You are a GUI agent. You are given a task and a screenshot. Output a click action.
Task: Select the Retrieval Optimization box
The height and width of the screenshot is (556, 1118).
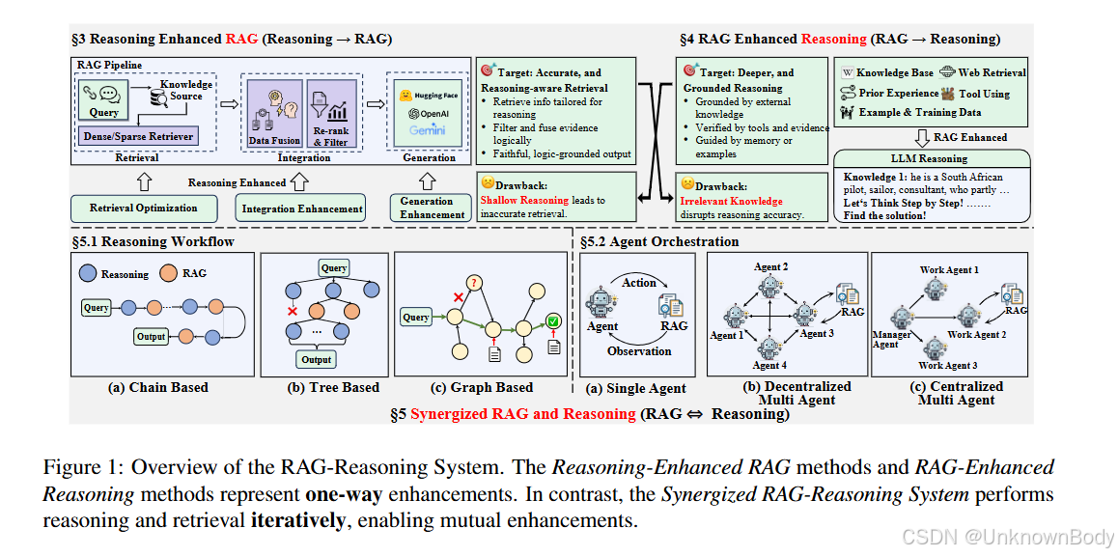tap(143, 208)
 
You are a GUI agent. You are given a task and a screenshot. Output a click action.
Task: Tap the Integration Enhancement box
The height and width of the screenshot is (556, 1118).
tap(302, 208)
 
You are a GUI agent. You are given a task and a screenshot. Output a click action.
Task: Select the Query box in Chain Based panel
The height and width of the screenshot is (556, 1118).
tap(97, 308)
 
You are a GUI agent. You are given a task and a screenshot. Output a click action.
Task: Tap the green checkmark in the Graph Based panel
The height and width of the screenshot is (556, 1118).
tap(552, 321)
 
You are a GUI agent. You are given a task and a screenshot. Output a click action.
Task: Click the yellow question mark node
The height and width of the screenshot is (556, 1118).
tap(474, 281)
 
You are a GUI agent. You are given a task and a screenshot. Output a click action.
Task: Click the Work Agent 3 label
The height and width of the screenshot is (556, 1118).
tap(947, 366)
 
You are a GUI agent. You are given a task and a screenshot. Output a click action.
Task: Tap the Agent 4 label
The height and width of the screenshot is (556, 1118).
tap(769, 366)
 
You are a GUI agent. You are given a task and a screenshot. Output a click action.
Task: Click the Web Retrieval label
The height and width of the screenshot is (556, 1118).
tap(992, 72)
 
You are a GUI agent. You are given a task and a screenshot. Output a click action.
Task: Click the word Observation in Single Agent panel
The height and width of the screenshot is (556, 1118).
tap(639, 351)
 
